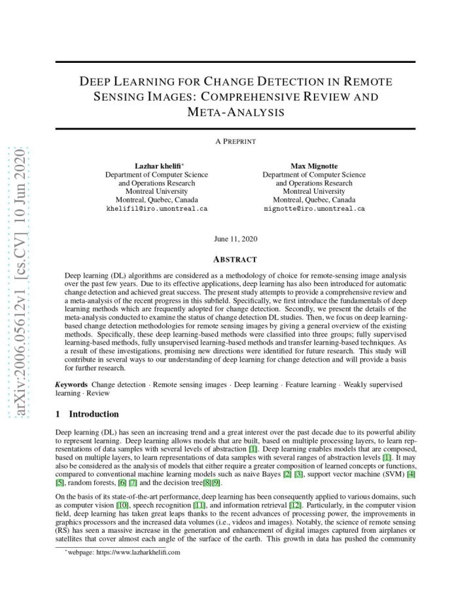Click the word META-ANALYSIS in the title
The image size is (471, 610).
[235, 112]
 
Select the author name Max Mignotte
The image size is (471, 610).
[314, 166]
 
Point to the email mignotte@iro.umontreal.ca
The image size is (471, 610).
[314, 209]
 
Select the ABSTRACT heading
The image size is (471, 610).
[235, 259]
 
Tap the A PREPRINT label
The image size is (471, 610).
[235, 141]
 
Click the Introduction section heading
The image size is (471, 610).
[94, 414]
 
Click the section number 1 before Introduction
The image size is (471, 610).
[58, 414]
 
